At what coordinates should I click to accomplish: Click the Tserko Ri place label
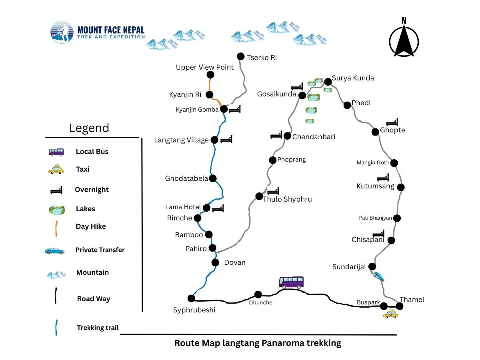click(262, 58)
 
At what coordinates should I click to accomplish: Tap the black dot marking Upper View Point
click(210, 75)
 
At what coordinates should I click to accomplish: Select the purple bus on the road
click(291, 282)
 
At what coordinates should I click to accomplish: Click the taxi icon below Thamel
click(390, 314)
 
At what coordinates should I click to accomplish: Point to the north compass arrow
click(404, 38)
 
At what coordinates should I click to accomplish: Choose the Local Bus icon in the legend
click(56, 152)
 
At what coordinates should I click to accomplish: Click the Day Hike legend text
click(91, 226)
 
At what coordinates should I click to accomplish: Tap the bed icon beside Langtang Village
click(226, 139)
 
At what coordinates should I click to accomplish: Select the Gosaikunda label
click(276, 94)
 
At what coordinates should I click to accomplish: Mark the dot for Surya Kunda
click(328, 82)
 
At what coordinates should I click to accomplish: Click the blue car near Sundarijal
click(379, 276)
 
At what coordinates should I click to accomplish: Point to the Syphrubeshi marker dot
click(191, 298)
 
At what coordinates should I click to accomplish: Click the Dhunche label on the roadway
click(261, 303)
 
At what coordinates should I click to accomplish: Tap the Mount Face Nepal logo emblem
click(62, 32)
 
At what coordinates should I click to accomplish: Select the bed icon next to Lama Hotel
click(218, 208)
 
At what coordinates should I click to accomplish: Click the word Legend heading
click(89, 128)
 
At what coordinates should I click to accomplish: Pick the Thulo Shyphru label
click(287, 199)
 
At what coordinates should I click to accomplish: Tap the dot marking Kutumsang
click(401, 187)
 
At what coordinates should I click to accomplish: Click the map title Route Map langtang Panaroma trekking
click(258, 343)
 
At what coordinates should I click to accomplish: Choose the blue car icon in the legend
click(55, 251)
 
